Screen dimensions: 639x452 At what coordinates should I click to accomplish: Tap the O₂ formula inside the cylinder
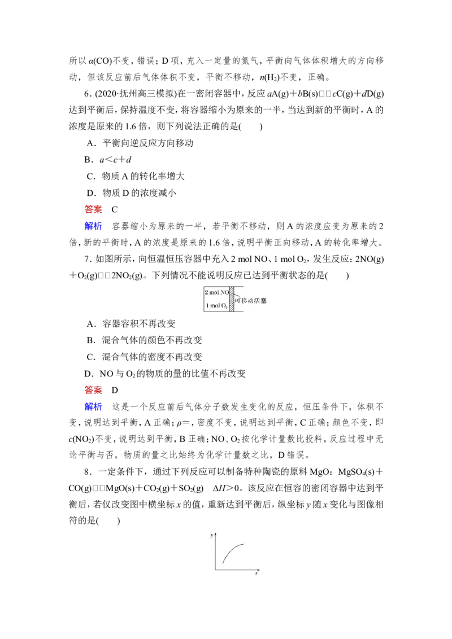tap(223, 306)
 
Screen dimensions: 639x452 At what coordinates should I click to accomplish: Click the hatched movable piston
tap(231, 300)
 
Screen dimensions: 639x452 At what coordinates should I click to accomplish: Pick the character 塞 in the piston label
tap(264, 301)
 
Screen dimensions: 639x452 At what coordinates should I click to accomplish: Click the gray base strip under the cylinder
tap(223, 313)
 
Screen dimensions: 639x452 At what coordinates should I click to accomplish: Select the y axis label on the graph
tap(211, 534)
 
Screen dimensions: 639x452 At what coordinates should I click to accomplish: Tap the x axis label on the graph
tap(256, 574)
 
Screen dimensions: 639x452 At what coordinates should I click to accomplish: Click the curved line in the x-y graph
tap(232, 550)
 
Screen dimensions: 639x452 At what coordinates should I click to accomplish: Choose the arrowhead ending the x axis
tap(258, 570)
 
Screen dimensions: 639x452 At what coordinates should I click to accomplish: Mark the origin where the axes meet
tap(215, 570)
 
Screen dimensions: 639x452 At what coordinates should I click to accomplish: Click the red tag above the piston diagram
tap(93, 209)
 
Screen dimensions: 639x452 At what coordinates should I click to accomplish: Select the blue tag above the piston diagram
tap(93, 226)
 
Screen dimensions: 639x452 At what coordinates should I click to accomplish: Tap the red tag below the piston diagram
tap(93, 389)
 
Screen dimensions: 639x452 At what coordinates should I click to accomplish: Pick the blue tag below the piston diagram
tap(93, 406)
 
